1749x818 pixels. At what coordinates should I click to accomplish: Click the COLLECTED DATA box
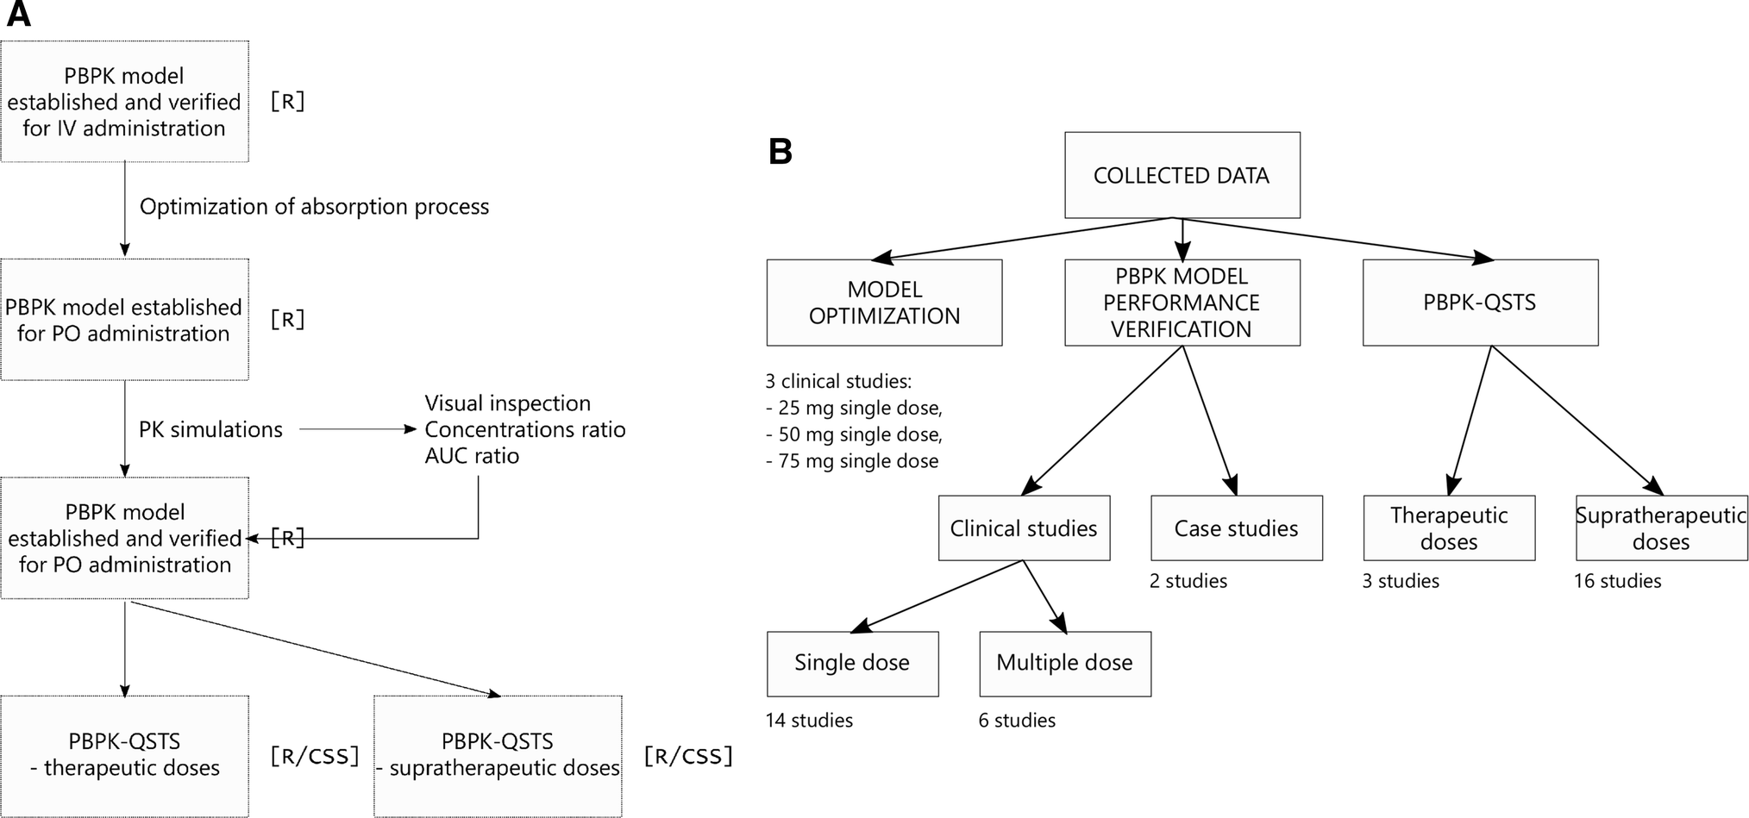(1182, 175)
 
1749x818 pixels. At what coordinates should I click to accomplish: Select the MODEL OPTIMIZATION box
(884, 303)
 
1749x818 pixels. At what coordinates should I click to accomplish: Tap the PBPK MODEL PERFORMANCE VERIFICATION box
(1182, 303)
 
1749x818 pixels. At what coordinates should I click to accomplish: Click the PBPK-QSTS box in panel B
(1479, 303)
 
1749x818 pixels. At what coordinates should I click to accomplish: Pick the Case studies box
(1236, 528)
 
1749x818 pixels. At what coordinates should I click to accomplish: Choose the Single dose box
(852, 663)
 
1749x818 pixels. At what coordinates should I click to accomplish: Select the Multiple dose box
(1064, 663)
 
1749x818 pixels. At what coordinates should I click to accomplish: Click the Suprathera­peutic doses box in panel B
(1661, 528)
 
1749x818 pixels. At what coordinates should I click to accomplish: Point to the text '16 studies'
(1617, 581)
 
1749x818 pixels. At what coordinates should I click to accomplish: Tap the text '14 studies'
(809, 721)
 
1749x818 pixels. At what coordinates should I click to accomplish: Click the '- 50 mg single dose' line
(854, 434)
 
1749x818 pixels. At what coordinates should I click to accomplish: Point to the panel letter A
(18, 15)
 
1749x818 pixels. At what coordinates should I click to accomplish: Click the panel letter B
(780, 152)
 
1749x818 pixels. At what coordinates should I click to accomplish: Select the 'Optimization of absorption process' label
(314, 207)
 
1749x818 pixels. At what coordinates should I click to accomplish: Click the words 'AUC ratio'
(472, 456)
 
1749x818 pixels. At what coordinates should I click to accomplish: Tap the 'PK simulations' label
(210, 429)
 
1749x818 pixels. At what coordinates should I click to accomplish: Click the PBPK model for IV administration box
(124, 102)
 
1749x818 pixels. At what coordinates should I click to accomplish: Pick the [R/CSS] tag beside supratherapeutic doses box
(688, 756)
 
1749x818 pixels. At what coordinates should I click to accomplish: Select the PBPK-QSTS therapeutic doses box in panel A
(124, 755)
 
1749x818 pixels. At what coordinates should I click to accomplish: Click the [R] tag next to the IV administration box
(287, 102)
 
